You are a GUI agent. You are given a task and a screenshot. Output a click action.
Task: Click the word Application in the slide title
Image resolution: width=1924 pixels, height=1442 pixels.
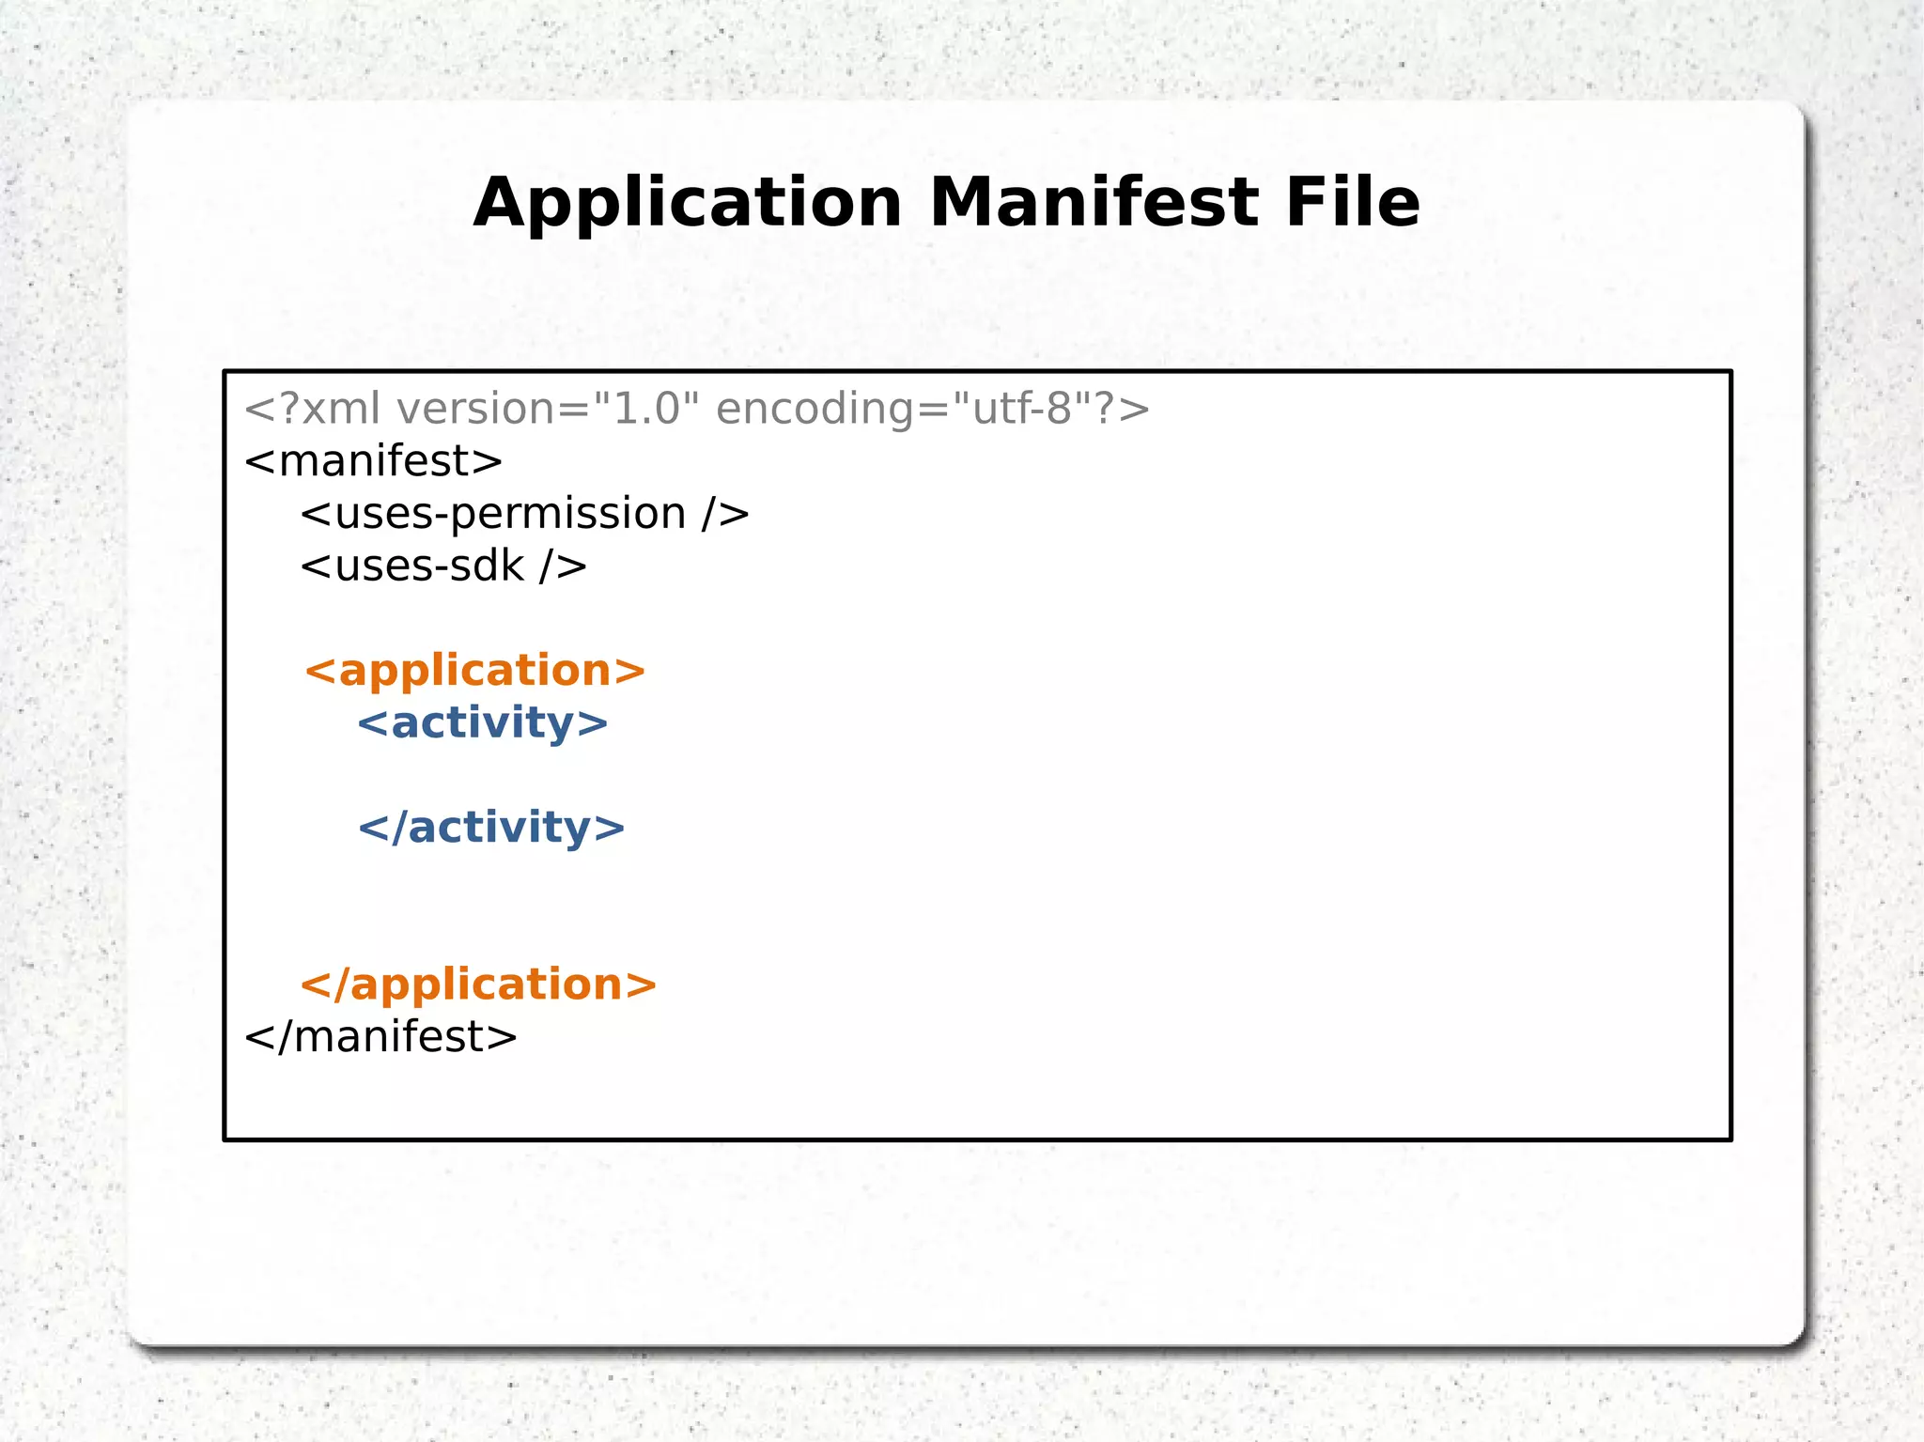coord(687,204)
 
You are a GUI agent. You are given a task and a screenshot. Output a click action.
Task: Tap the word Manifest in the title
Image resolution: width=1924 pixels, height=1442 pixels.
coord(1094,203)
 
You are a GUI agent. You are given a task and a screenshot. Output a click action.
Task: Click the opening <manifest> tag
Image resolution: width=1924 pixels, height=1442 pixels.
coord(373,461)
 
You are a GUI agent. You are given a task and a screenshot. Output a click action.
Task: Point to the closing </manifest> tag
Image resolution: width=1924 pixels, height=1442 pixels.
coord(380,1037)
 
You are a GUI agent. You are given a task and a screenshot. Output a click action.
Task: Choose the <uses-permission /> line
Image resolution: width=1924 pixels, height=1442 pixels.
coord(524,514)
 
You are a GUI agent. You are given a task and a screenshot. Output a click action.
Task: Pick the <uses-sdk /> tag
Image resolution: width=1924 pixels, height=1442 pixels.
coord(443,566)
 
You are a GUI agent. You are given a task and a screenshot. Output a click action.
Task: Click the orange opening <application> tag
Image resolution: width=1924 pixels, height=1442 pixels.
coord(475,671)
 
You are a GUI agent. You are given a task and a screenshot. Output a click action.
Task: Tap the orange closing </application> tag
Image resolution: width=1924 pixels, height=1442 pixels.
coord(478,985)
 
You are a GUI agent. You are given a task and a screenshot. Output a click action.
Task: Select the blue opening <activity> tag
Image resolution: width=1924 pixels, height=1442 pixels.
coord(483,723)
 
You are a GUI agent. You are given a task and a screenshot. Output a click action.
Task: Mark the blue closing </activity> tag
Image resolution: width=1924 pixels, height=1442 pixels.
coord(491,828)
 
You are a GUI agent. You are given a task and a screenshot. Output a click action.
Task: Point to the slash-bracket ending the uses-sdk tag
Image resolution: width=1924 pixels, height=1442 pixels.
coord(564,566)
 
